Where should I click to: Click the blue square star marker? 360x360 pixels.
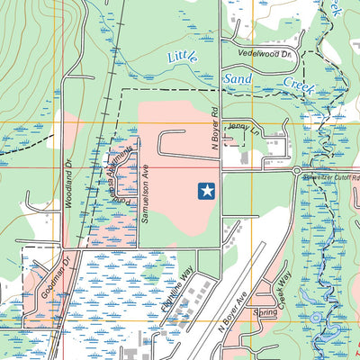click(x=206, y=190)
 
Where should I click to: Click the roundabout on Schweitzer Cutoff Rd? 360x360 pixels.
click(x=296, y=170)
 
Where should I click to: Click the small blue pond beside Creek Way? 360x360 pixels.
click(x=314, y=318)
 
